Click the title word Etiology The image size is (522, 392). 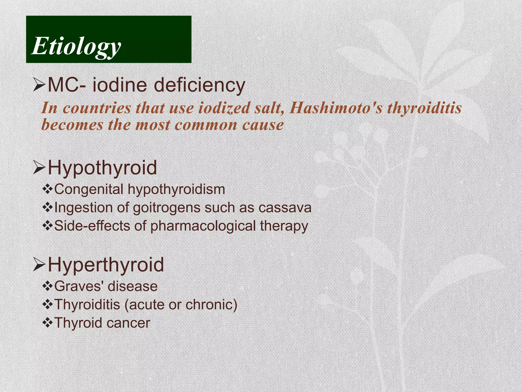coord(76,46)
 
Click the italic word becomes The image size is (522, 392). coord(72,125)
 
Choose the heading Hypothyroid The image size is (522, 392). coord(102,168)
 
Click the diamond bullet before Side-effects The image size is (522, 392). coord(47,226)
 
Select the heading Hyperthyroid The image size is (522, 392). coord(106,265)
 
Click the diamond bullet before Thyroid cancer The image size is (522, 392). coord(47,323)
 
